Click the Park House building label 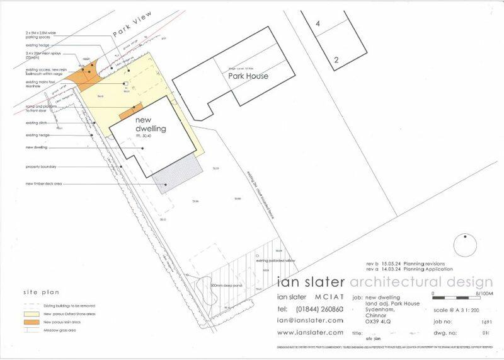248,76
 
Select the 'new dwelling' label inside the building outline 151,124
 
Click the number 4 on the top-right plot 319,23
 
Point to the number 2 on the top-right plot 337,61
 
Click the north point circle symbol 465,245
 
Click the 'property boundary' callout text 41,166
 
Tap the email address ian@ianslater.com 309,320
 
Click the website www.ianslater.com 310,332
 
